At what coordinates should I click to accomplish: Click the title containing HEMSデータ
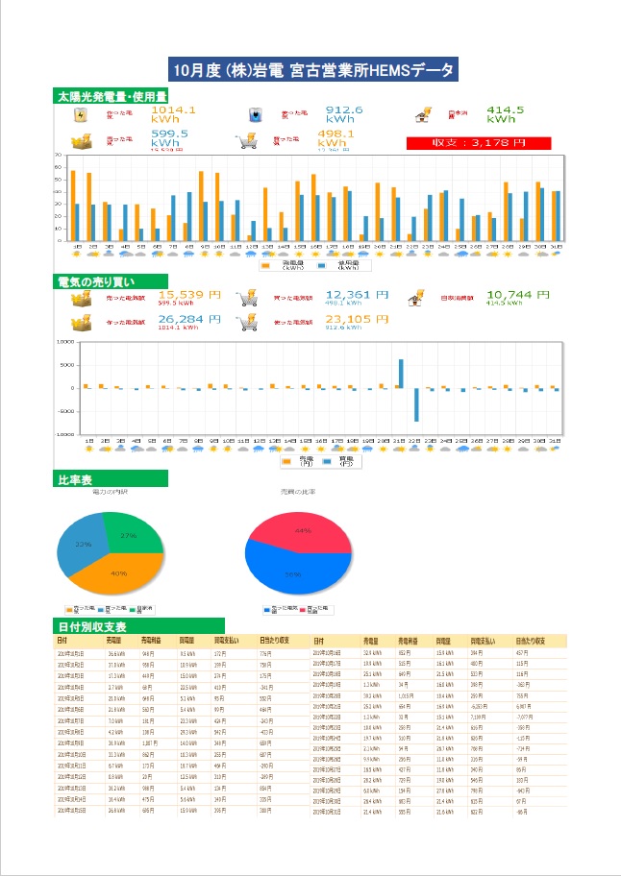click(x=310, y=70)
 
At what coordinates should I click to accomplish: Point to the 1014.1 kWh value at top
click(x=174, y=115)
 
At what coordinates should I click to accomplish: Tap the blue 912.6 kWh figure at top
click(x=344, y=115)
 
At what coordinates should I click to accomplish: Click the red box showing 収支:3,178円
click(x=478, y=143)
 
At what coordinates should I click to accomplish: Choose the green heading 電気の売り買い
click(x=100, y=281)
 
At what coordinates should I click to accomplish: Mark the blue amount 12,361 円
click(x=358, y=296)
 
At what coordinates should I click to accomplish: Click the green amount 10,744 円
click(x=518, y=296)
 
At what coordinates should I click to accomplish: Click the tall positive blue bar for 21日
click(x=401, y=373)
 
